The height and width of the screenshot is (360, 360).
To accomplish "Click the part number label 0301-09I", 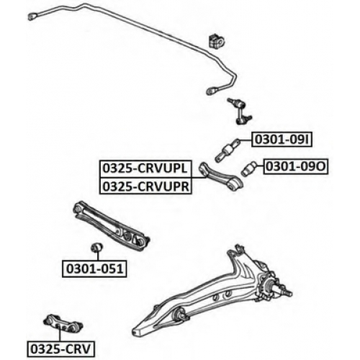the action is [282, 140].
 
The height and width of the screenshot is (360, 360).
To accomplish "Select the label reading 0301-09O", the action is [296, 166].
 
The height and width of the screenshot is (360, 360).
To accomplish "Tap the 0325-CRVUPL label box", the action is [145, 168].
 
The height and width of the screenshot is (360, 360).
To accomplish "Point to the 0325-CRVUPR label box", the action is [145, 186].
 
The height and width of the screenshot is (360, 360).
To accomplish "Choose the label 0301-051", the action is [94, 269].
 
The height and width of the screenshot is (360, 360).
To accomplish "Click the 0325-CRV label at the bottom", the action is [60, 349].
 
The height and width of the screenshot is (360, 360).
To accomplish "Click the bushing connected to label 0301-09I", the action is [228, 150].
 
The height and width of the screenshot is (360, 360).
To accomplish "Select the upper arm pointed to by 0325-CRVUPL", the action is [221, 177].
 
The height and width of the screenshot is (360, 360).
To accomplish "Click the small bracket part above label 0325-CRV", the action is [63, 323].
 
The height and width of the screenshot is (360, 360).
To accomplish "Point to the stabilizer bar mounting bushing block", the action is [217, 41].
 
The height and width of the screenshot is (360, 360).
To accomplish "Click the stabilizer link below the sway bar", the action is [239, 111].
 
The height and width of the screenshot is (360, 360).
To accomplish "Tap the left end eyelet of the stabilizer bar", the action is [33, 17].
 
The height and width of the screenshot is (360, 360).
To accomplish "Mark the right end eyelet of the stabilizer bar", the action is [212, 91].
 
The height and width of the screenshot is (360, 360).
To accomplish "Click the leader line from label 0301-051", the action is [98, 255].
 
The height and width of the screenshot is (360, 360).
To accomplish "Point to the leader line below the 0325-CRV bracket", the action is [60, 333].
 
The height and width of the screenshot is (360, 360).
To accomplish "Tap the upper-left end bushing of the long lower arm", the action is [78, 208].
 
